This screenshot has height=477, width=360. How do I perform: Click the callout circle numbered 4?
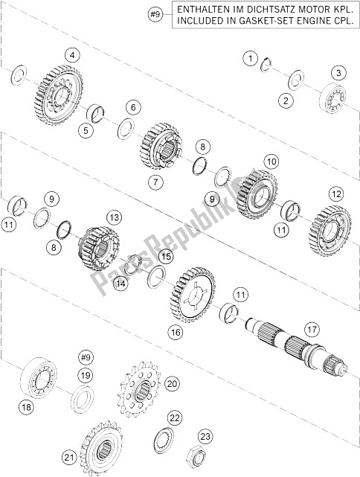(x=72, y=56)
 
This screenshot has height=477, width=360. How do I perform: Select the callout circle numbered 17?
(x=312, y=330)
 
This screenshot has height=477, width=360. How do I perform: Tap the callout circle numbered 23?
(x=205, y=437)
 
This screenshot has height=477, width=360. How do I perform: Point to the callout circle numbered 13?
(x=115, y=218)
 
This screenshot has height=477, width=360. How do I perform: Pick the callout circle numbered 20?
(x=172, y=384)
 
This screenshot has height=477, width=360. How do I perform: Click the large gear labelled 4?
(x=59, y=95)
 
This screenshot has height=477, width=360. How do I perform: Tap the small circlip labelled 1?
(x=266, y=65)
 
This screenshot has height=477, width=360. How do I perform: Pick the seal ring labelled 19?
(x=82, y=399)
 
